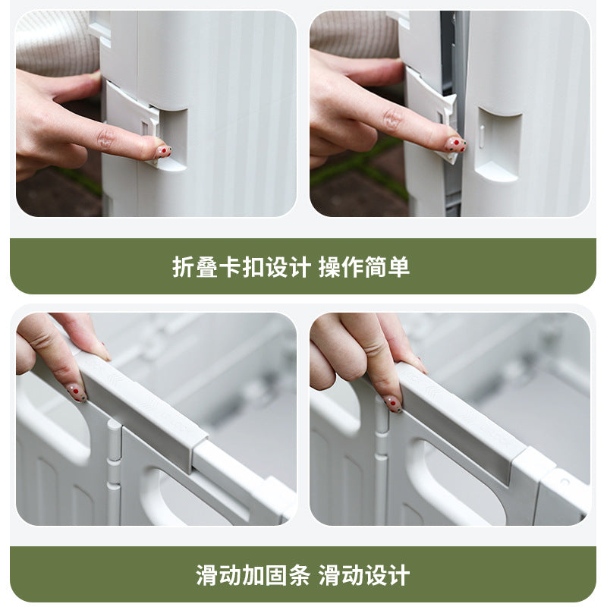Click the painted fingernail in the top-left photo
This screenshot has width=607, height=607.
(162, 151)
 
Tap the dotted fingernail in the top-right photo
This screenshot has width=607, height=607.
(454, 143)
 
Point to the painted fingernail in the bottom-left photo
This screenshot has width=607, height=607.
(77, 392)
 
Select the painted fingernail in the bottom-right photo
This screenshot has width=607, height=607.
(392, 403)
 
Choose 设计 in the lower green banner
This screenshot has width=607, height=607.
(387, 574)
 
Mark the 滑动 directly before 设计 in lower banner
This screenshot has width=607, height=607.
(341, 574)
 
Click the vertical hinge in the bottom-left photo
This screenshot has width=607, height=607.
(114, 470)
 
